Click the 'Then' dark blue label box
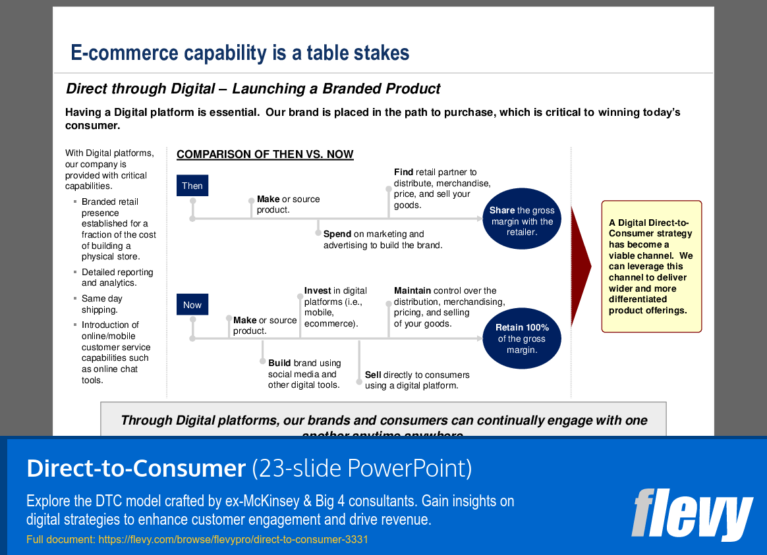pos(192,186)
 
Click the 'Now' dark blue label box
pos(192,305)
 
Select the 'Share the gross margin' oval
pos(522,221)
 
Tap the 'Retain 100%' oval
pos(523,338)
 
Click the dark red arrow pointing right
pos(580,266)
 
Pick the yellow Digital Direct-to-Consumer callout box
pos(652,266)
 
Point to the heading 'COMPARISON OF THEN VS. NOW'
pos(265,155)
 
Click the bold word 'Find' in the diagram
pos(403,172)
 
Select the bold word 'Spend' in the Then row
pos(337,234)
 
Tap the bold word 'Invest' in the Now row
pos(318,291)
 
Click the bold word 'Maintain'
pos(412,291)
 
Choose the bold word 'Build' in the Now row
pos(279,363)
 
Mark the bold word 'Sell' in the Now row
pos(373,375)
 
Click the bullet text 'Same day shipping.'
pos(102,304)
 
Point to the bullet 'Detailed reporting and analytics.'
pos(117,278)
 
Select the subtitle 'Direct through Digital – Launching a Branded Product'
pos(254,89)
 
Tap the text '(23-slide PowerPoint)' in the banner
pos(362,468)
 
